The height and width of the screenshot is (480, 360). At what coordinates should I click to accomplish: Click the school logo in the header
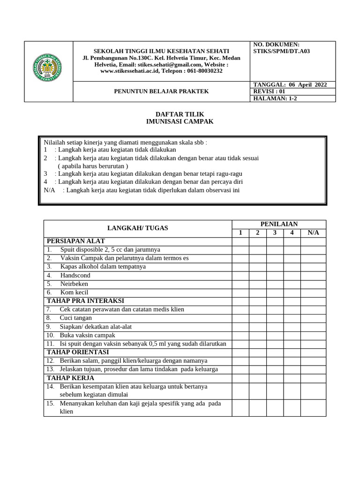pyautogui.click(x=49, y=71)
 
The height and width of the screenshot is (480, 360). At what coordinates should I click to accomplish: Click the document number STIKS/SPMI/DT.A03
pyautogui.click(x=282, y=52)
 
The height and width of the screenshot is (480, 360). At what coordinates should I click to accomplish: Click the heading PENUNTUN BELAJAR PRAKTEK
pyautogui.click(x=162, y=91)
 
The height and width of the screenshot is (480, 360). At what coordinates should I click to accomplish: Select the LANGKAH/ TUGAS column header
pyautogui.click(x=137, y=228)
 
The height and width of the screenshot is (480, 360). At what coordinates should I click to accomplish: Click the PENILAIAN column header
pyautogui.click(x=279, y=224)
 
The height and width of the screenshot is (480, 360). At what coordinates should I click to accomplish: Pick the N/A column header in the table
pyautogui.click(x=313, y=232)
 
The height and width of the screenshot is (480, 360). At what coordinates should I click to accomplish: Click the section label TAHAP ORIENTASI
pyautogui.click(x=78, y=352)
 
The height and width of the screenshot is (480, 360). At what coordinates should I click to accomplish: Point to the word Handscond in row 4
pyautogui.click(x=75, y=275)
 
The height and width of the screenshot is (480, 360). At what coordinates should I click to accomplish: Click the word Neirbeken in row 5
pyautogui.click(x=74, y=284)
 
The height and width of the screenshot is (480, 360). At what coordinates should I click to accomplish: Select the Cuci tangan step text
pyautogui.click(x=75, y=318)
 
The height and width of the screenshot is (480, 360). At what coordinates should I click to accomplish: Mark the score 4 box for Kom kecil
pyautogui.click(x=292, y=292)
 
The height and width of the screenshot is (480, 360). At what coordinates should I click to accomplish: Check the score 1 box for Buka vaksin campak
pyautogui.click(x=240, y=335)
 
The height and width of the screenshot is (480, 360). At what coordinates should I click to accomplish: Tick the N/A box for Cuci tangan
pyautogui.click(x=313, y=318)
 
